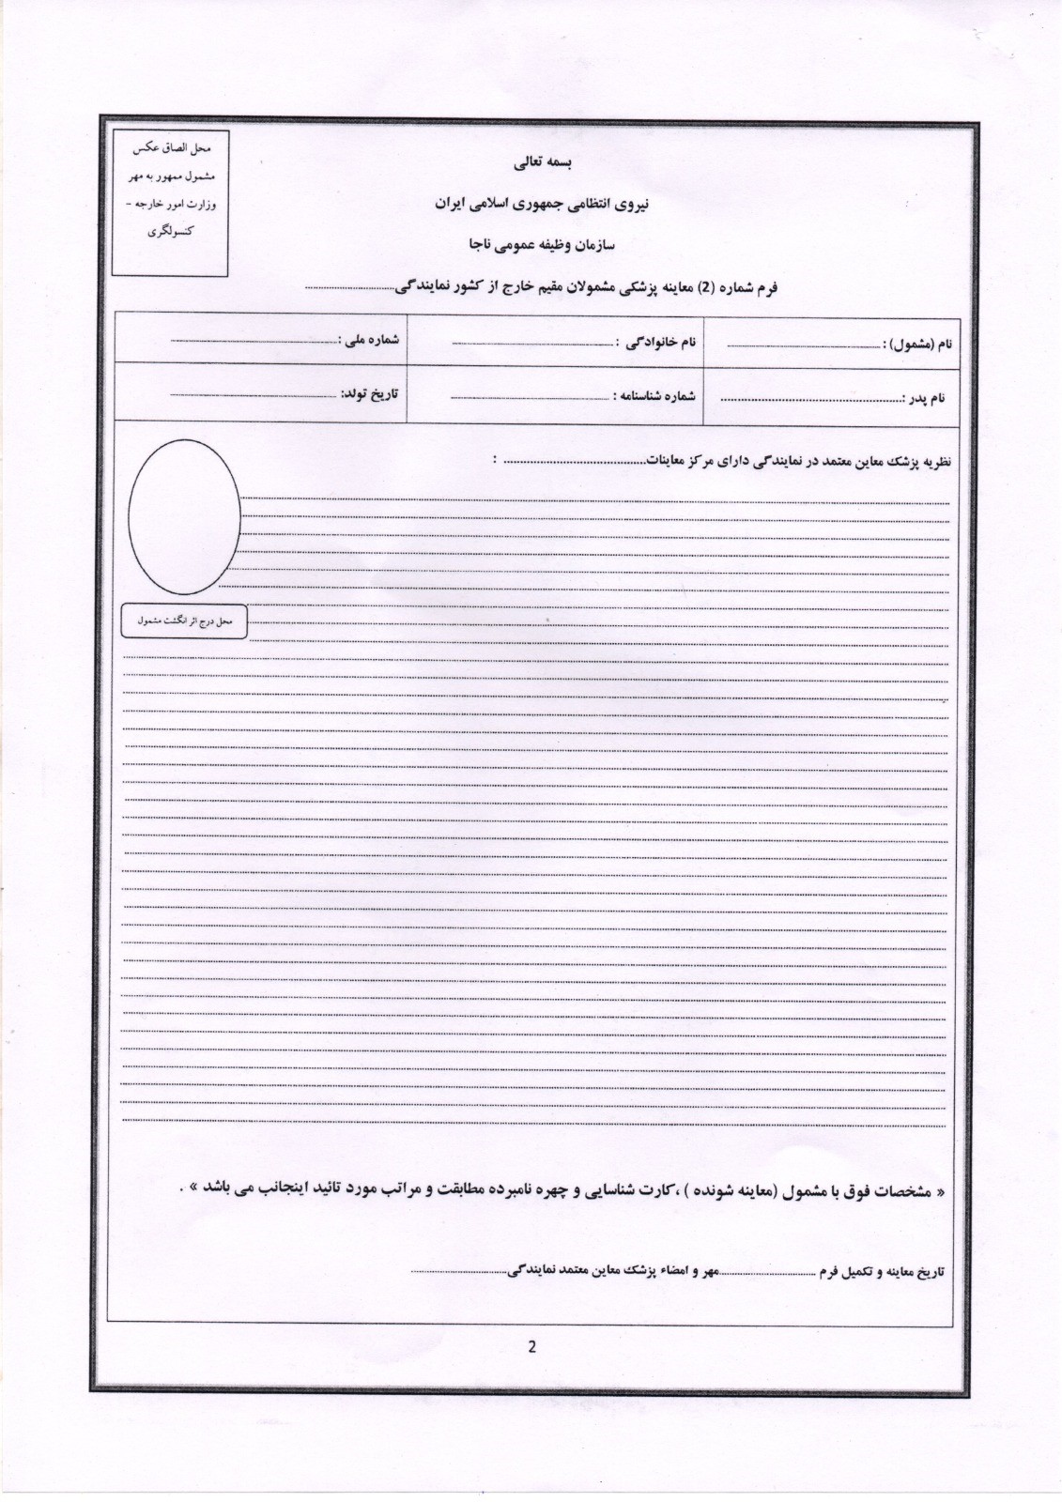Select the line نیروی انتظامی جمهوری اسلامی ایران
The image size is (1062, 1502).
pyautogui.click(x=531, y=204)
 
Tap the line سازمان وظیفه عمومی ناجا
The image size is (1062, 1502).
pyautogui.click(x=531, y=244)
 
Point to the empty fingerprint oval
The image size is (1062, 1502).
pyautogui.click(x=184, y=516)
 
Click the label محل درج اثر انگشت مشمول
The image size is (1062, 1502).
pyautogui.click(x=184, y=621)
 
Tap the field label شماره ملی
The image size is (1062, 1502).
pyautogui.click(x=372, y=340)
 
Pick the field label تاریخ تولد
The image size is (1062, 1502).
pyautogui.click(x=369, y=393)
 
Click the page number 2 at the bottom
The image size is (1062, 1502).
pyautogui.click(x=531, y=1347)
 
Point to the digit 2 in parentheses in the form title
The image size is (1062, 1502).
pyautogui.click(x=711, y=287)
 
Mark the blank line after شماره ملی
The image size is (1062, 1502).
pyautogui.click(x=254, y=341)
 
